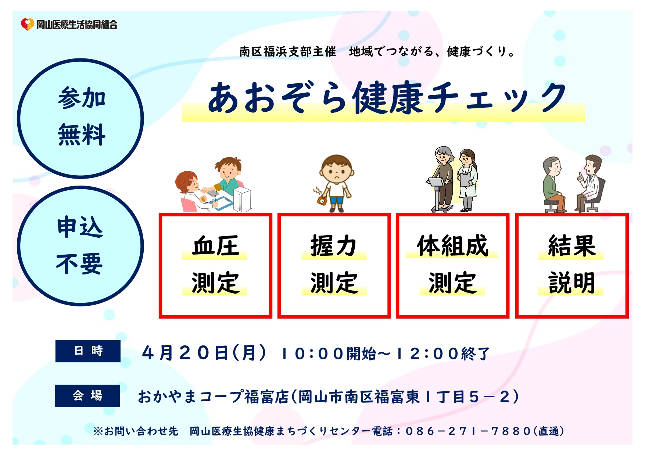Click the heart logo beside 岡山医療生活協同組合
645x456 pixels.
coord(27,24)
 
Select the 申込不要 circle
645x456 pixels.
coord(80,246)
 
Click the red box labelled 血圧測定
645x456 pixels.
coord(215,265)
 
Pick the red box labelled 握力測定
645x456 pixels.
coord(334,265)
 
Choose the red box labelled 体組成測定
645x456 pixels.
coord(452,265)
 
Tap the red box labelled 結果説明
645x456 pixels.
coord(571,265)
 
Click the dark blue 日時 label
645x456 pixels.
coord(88,351)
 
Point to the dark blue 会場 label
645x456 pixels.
coord(87,396)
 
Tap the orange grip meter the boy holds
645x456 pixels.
coord(322,200)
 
